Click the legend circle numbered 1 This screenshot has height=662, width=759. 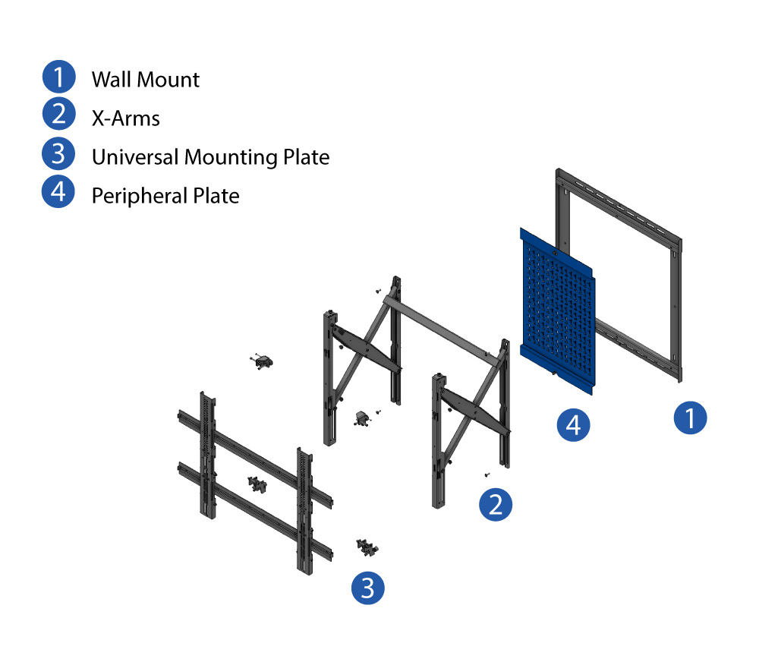[58, 77]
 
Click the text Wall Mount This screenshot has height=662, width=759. [146, 80]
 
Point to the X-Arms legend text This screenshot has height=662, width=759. [125, 118]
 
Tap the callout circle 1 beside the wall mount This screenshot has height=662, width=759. [690, 418]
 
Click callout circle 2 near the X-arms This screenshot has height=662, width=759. [496, 505]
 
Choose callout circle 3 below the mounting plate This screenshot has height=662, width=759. [367, 588]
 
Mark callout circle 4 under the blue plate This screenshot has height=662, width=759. [573, 424]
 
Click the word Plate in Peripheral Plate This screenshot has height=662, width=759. [216, 196]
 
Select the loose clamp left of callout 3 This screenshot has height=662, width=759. [367, 547]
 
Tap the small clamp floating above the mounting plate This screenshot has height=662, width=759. [263, 362]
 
